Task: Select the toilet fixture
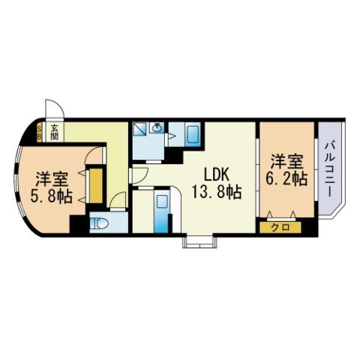tap(100, 223)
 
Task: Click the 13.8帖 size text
tap(216, 192)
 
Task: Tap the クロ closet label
tap(280, 226)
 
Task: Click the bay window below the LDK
tap(199, 241)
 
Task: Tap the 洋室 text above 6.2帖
tap(286, 162)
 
